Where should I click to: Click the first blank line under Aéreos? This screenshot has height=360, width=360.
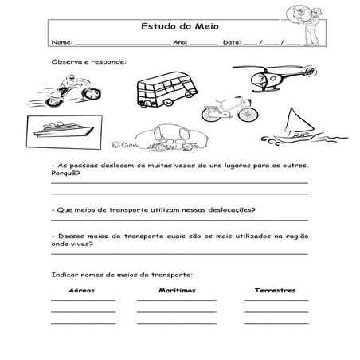[x=83, y=300]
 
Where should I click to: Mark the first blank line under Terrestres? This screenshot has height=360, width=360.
[x=276, y=300]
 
